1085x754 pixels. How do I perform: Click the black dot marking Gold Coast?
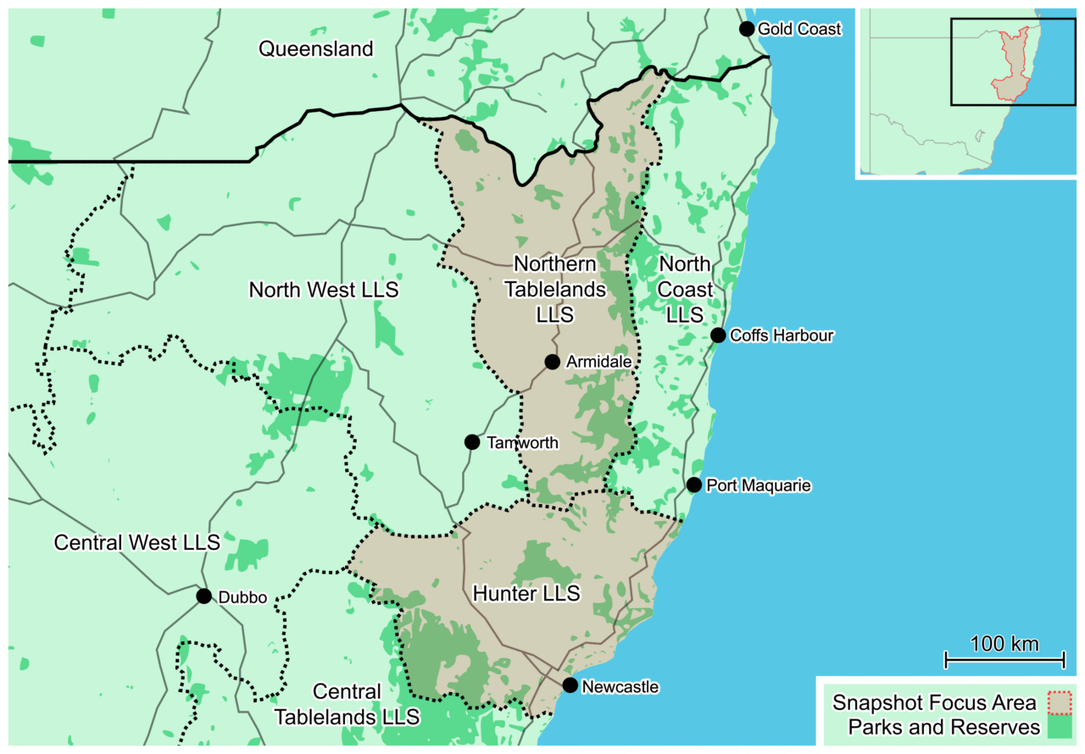point(747,29)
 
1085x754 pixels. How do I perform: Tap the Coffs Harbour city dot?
point(718,335)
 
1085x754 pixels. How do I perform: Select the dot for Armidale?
point(552,362)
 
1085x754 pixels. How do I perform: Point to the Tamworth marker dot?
point(472,442)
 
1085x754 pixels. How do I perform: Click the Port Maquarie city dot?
point(694,485)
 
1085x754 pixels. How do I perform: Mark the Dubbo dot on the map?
point(203,596)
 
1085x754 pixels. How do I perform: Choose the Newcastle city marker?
point(570,685)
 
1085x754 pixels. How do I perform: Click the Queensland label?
point(315,49)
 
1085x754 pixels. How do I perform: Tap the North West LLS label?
point(323,291)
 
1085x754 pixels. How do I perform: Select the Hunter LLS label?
point(526,593)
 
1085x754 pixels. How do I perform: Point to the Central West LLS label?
point(136,542)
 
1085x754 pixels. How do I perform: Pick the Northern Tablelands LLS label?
point(555,290)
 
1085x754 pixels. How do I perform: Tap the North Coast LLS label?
point(685,290)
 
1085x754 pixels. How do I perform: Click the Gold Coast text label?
point(799,30)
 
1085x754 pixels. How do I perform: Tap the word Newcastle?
point(620,687)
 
